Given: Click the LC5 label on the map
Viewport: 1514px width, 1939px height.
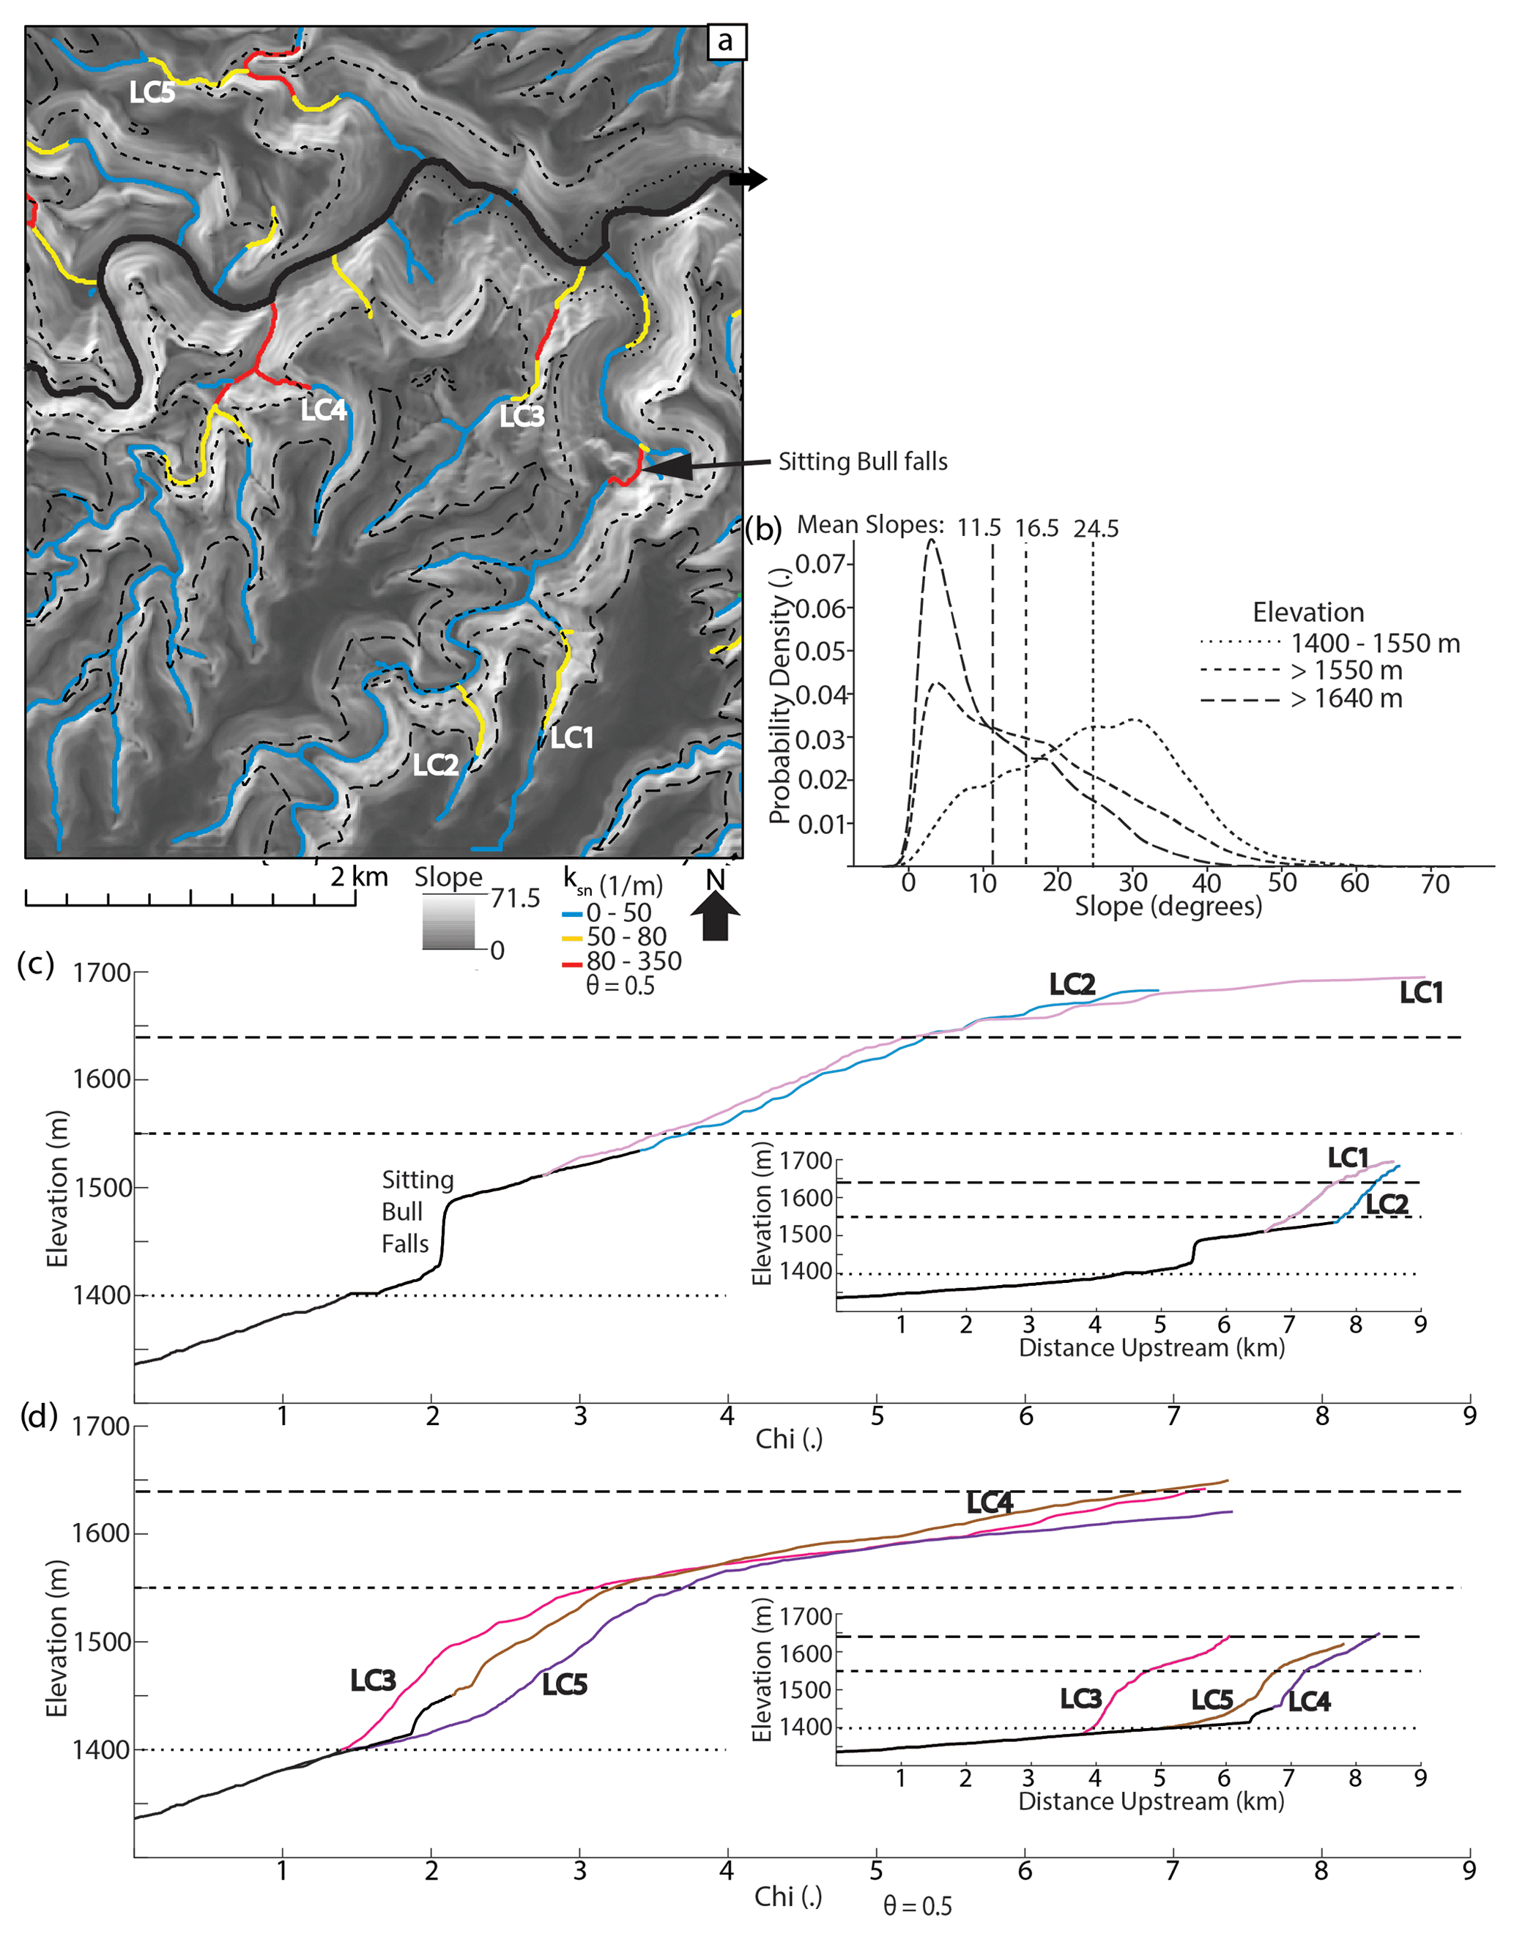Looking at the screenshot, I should pos(152,92).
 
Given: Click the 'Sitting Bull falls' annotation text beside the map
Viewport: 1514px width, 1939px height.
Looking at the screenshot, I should pos(862,461).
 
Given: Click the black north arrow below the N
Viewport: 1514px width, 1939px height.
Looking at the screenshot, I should pos(715,915).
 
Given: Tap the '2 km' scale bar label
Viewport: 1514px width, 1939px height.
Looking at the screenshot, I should pos(359,877).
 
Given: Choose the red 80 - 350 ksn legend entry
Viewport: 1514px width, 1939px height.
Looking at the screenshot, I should pos(633,961).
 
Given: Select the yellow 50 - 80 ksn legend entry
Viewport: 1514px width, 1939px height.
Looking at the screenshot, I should pos(626,937).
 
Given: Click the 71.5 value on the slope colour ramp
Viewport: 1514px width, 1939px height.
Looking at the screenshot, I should pos(515,898).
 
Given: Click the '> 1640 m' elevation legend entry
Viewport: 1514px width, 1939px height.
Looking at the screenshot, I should pos(1346,699).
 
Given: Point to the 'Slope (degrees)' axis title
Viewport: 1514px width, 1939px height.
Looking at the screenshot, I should pos(1168,907).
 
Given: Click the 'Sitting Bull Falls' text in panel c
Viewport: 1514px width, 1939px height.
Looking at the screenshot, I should pos(417,1212).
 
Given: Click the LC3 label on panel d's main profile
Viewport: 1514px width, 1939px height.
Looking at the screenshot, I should pos(372,1680).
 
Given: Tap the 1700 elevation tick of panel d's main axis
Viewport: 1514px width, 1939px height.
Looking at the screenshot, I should pos(100,1426).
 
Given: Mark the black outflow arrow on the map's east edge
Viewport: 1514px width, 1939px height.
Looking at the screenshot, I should pos(748,179).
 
